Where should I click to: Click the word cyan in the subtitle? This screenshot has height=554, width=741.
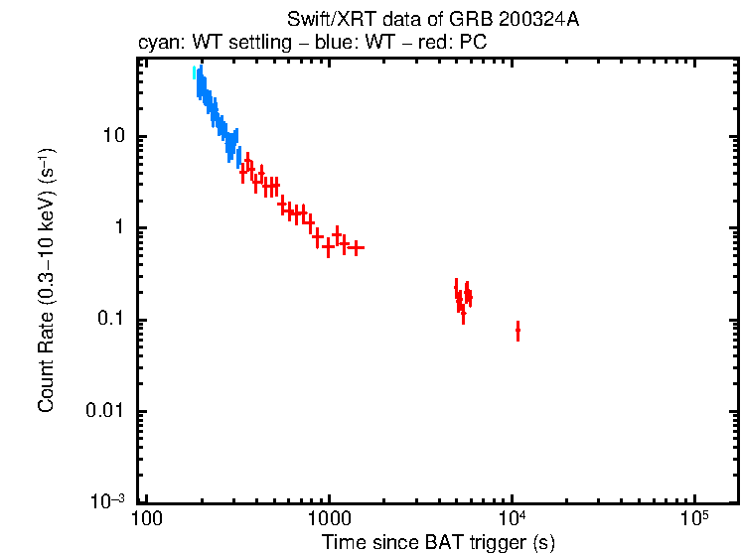coord(156,44)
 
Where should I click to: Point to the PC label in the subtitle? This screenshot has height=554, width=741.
coord(473,44)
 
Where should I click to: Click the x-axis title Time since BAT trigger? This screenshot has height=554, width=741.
coord(438,542)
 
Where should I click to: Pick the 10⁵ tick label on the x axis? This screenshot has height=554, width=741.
coord(694,517)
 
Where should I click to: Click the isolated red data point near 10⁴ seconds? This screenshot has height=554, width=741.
coord(518,331)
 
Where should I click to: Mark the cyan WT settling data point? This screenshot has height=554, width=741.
coord(195,72)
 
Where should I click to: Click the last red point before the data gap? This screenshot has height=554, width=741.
coord(356,247)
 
